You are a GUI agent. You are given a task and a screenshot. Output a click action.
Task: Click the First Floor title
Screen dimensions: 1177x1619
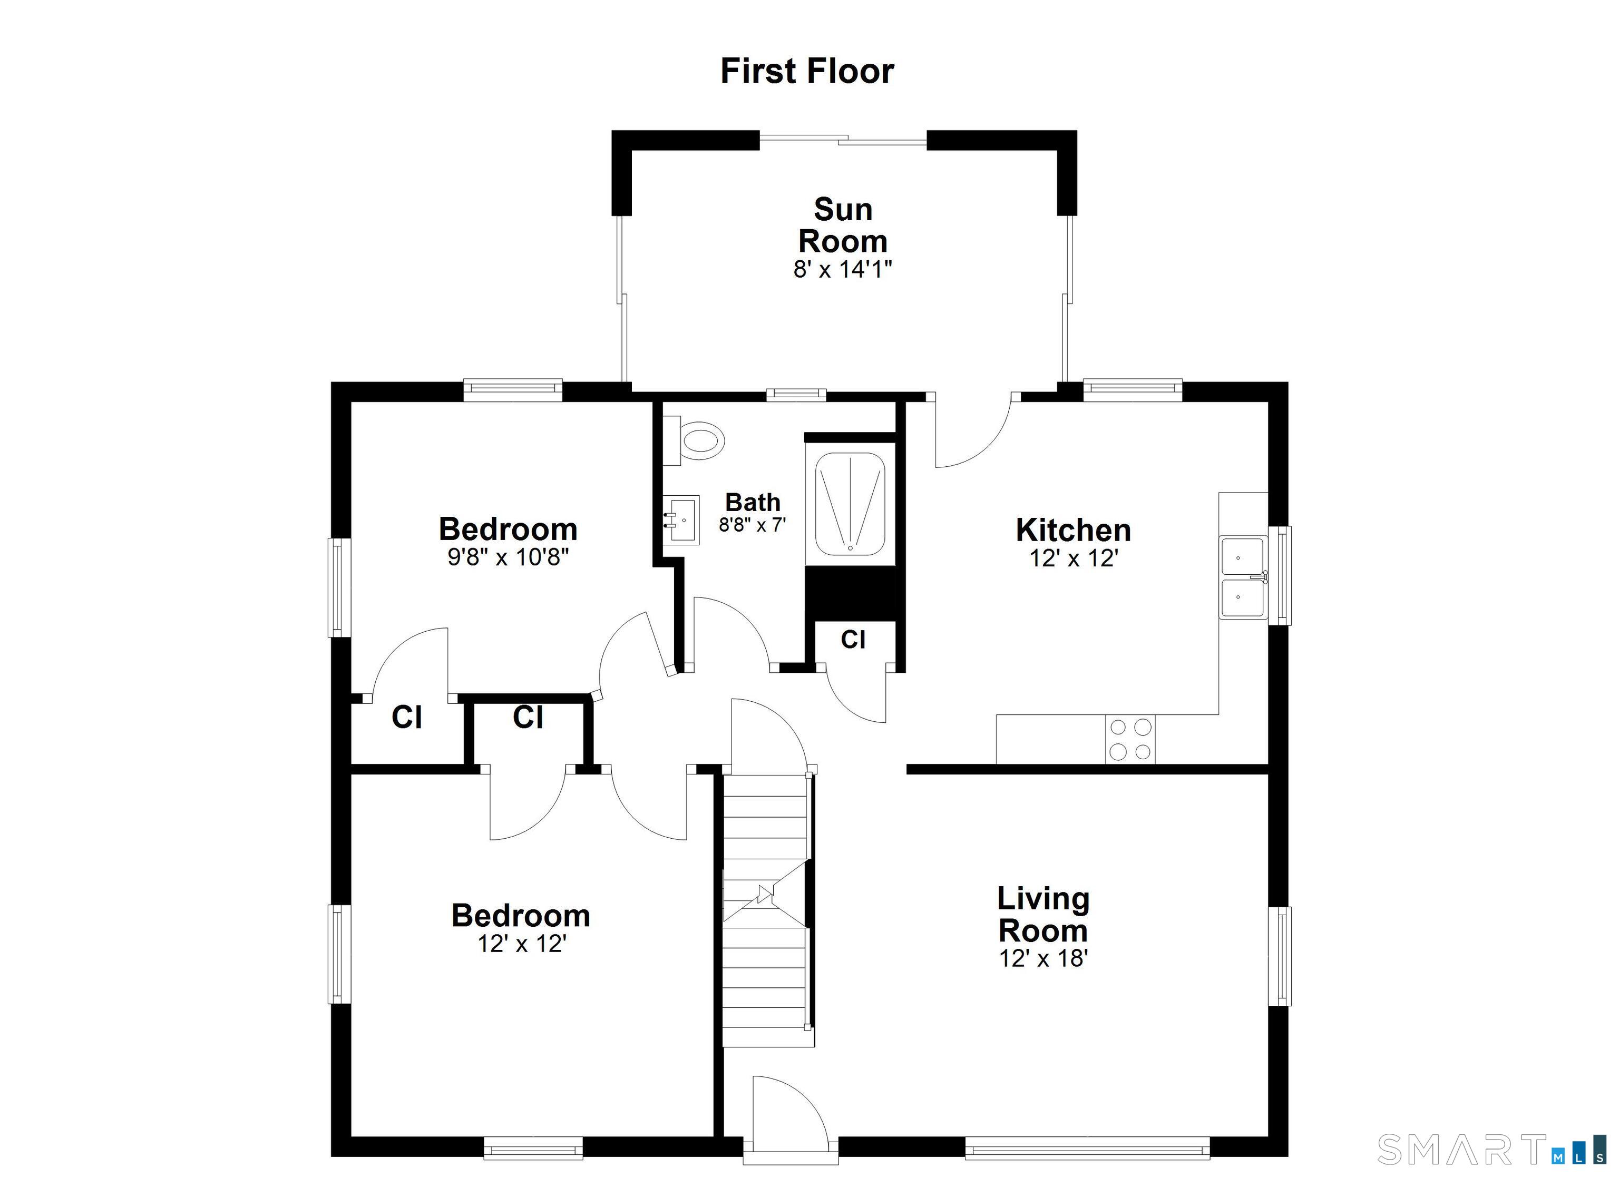807,71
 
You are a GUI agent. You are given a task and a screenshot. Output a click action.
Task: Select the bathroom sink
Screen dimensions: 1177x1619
680,521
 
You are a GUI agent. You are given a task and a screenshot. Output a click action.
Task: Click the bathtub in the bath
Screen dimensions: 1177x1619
850,504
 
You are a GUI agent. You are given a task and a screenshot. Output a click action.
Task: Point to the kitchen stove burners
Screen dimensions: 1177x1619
1130,739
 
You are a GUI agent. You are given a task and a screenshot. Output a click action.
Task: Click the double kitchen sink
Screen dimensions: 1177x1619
1242,577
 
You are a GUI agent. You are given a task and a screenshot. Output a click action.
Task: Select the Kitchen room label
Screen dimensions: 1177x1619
1073,531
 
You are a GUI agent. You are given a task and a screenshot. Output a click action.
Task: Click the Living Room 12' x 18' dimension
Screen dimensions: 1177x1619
1043,958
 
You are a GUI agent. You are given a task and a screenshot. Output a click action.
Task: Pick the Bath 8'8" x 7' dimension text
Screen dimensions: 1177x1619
753,525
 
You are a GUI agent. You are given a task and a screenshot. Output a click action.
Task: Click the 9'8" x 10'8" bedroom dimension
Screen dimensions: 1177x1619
508,557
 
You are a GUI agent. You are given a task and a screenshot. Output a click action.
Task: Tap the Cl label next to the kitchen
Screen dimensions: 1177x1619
853,640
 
